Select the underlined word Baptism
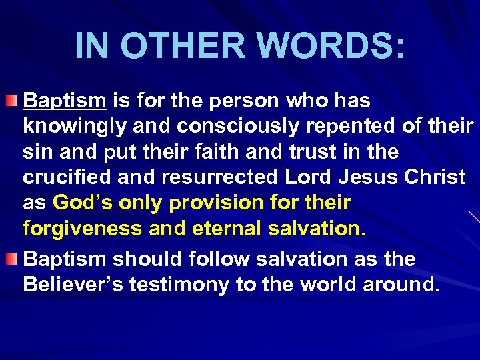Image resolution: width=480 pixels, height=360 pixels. [65, 101]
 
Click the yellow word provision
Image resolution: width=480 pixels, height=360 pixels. [226, 203]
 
